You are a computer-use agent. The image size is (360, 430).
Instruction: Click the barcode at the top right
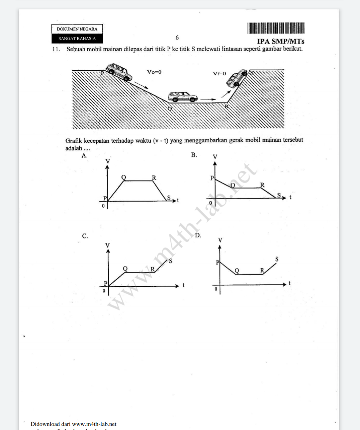[276, 28]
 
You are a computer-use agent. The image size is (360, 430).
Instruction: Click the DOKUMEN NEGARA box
[77, 29]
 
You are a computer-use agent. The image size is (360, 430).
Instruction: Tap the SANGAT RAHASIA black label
[77, 39]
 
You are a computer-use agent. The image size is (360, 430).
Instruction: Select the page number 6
[177, 38]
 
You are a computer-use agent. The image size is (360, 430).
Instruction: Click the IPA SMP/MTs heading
[280, 42]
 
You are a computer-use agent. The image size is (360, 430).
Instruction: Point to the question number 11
[56, 49]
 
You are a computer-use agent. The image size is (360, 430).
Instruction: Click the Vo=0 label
[154, 72]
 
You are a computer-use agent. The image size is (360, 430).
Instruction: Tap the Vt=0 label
[219, 73]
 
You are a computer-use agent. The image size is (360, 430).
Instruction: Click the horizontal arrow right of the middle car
[208, 99]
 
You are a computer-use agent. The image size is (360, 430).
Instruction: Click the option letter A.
[84, 156]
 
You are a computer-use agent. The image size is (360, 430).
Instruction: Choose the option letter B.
[194, 155]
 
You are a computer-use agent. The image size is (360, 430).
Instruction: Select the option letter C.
[85, 236]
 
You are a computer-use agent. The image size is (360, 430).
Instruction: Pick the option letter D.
[198, 235]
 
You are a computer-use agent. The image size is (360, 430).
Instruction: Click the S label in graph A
[169, 198]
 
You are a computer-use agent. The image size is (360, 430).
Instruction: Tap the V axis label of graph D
[220, 240]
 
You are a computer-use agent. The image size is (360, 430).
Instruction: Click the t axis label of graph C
[183, 285]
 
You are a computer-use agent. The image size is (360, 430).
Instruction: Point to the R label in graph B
[262, 185]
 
